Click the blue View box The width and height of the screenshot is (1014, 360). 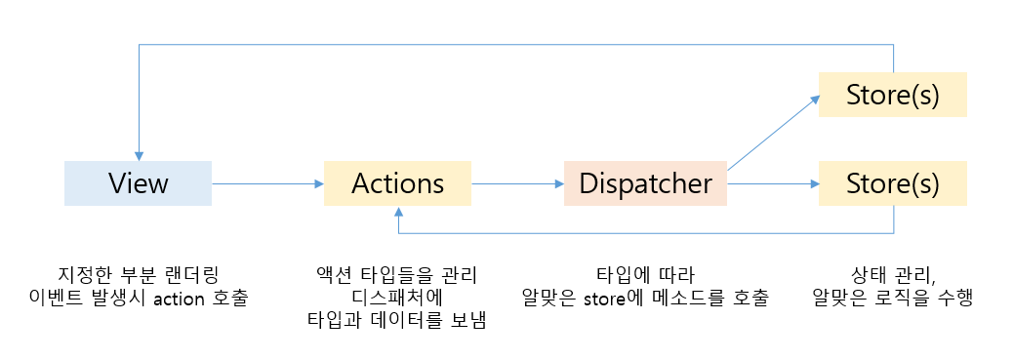pos(138,183)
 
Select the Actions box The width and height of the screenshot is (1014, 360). pos(397,183)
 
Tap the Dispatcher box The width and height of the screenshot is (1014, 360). pos(645,183)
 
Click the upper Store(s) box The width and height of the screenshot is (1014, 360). pos(892,96)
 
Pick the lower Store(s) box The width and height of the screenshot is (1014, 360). pos(892,183)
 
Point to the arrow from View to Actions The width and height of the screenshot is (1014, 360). pos(265,183)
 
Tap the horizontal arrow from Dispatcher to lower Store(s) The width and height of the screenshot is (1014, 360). pos(771,183)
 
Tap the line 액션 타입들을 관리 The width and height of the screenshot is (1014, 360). pos(397,274)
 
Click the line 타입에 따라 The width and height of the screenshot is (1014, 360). pos(645,274)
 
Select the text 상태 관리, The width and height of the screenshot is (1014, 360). pos(892,274)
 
